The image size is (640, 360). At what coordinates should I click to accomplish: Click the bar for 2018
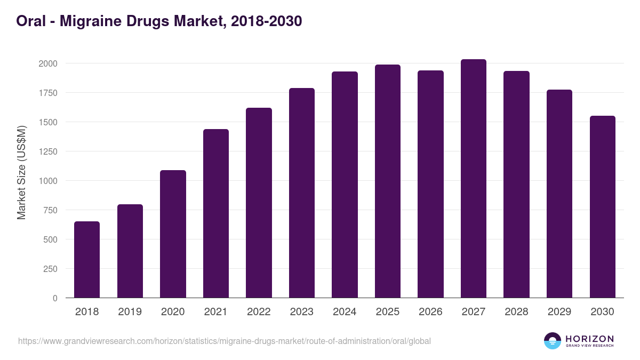pyautogui.click(x=87, y=260)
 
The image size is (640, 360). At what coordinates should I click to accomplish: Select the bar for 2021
pyautogui.click(x=216, y=213)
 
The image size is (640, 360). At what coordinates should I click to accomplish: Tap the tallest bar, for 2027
pyautogui.click(x=474, y=179)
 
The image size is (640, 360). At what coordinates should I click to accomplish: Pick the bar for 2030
pyautogui.click(x=603, y=207)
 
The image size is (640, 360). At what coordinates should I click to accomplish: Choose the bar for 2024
pyautogui.click(x=345, y=185)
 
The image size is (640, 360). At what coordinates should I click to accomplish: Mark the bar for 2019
pyautogui.click(x=130, y=251)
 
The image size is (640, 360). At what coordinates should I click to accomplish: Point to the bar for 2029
pyautogui.click(x=559, y=194)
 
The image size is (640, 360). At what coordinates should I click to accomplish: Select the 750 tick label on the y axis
pyautogui.click(x=50, y=210)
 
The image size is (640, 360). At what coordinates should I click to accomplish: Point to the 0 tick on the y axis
pyautogui.click(x=55, y=298)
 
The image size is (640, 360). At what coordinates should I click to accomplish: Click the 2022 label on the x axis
pyautogui.click(x=259, y=312)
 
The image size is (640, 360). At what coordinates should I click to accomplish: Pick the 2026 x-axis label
pyautogui.click(x=430, y=312)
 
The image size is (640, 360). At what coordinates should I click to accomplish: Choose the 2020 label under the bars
pyautogui.click(x=173, y=312)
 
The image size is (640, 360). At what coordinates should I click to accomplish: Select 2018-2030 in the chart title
pyautogui.click(x=267, y=21)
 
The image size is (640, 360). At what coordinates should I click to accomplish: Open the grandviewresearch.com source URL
pyautogui.click(x=224, y=341)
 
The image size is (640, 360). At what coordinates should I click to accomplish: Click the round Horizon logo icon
pyautogui.click(x=553, y=341)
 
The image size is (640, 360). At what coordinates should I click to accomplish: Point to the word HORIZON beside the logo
pyautogui.click(x=589, y=339)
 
